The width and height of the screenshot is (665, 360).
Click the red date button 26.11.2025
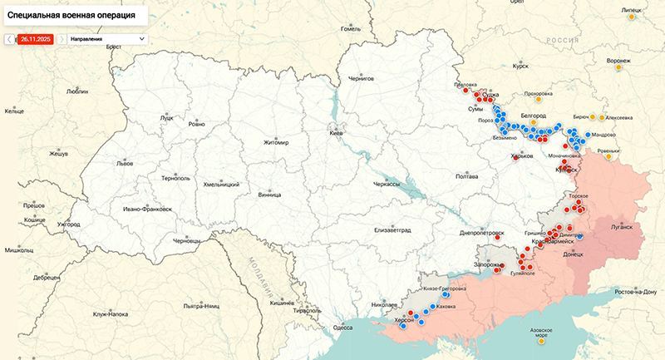(37, 38)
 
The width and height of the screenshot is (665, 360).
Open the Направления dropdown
(107, 38)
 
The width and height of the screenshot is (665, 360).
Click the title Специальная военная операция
(71, 15)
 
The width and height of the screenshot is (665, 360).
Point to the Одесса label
(343, 328)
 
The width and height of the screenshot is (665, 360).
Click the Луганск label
(622, 226)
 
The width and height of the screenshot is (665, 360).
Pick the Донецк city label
(574, 254)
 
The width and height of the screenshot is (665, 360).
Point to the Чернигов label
(362, 77)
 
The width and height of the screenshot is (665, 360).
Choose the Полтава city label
(467, 176)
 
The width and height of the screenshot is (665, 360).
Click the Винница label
(269, 195)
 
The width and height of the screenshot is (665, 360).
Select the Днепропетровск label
(482, 234)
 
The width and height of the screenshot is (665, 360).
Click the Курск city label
(521, 65)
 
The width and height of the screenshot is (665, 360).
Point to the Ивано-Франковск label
(146, 209)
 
